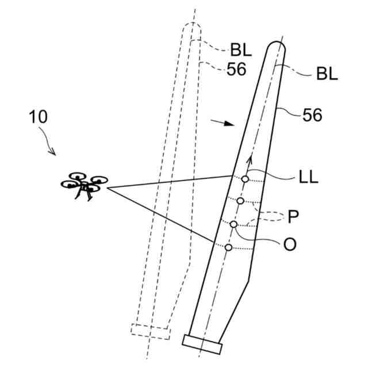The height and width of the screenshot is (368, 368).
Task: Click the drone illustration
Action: pyautogui.click(x=85, y=185)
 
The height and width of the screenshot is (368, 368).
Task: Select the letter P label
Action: pyautogui.click(x=293, y=217)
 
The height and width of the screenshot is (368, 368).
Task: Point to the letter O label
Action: pyautogui.click(x=290, y=244)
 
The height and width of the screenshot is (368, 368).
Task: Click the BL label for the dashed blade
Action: pyautogui.click(x=242, y=50)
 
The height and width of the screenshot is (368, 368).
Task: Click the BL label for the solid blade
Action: pyautogui.click(x=327, y=74)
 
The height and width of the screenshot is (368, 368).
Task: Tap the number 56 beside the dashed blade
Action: pyautogui.click(x=236, y=69)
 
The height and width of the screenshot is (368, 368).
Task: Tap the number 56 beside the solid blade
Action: pyautogui.click(x=312, y=116)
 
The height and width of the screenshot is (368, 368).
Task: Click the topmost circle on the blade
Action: pyautogui.click(x=246, y=179)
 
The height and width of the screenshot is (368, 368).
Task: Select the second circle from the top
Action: pyautogui.click(x=240, y=200)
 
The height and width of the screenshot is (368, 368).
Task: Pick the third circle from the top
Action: pyautogui.click(x=233, y=224)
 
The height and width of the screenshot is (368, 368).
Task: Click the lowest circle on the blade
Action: pyautogui.click(x=228, y=247)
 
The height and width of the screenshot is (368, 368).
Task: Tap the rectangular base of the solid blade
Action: pyautogui.click(x=202, y=343)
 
